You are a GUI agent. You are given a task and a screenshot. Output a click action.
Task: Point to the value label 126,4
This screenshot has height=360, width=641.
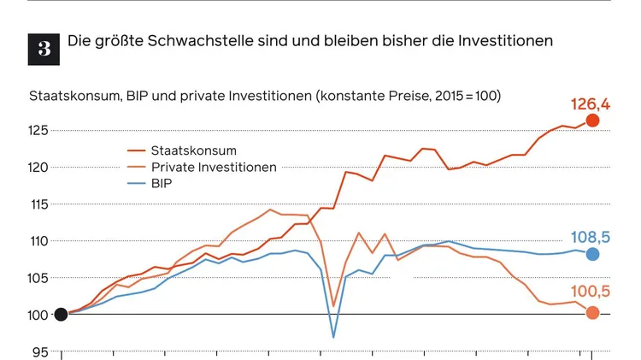(x=590, y=104)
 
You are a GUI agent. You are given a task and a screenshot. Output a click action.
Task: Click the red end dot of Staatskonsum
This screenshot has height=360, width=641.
(x=592, y=121)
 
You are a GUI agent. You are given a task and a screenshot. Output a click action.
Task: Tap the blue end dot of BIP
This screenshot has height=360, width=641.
(x=592, y=254)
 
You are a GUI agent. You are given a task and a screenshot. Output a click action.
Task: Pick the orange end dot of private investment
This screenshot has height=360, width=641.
(x=592, y=313)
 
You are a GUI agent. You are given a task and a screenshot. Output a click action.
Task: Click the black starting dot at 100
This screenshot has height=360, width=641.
(x=61, y=314)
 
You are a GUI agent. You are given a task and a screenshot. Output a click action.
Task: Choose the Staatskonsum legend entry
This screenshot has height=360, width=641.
(x=193, y=151)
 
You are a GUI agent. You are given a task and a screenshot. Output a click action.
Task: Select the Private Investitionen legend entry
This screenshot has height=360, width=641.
(x=213, y=167)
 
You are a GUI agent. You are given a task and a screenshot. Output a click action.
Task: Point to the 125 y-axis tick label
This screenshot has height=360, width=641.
(x=39, y=131)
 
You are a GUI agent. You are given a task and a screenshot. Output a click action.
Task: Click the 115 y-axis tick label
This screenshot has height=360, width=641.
(x=39, y=204)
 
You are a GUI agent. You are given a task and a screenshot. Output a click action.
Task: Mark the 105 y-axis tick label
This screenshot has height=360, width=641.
(x=39, y=278)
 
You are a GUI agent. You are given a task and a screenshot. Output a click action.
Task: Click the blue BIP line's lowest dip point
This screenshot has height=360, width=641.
(x=333, y=337)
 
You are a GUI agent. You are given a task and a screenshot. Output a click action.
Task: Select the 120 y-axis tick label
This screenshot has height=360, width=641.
(x=39, y=168)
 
